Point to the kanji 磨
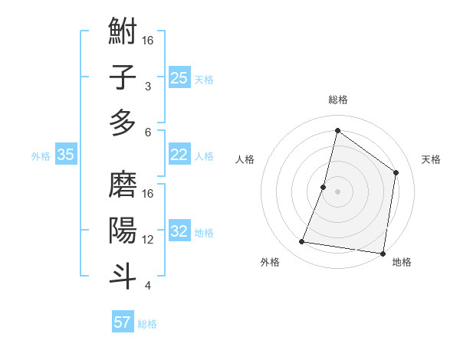[123, 185]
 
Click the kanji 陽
[123, 231]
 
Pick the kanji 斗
[123, 276]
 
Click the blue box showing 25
[179, 77]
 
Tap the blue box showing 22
[179, 155]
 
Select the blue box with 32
[179, 231]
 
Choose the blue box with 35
[65, 155]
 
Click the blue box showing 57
[123, 322]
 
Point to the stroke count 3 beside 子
[148, 87]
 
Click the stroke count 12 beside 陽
[149, 240]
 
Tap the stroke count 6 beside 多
[148, 132]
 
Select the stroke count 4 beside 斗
[148, 286]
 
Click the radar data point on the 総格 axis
[337, 131]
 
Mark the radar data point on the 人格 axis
[324, 187]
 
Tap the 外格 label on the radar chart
[270, 262]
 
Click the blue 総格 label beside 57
[147, 324]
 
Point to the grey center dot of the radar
[337, 191]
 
